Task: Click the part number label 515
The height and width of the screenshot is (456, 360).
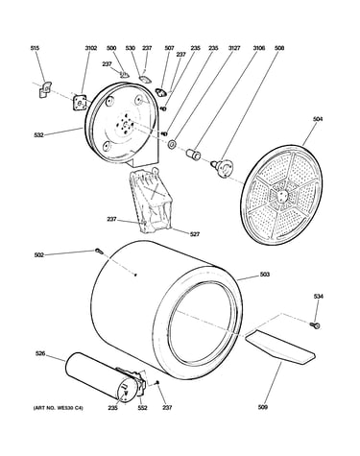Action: click(35, 48)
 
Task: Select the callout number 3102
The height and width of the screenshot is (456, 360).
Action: click(90, 48)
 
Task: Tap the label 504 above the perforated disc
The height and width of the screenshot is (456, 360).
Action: click(318, 119)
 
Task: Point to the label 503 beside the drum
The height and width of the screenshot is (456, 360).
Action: click(265, 275)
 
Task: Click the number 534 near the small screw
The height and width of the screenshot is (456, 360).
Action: click(319, 297)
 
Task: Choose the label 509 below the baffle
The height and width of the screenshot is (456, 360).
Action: click(263, 407)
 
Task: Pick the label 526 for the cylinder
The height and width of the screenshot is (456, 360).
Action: click(40, 353)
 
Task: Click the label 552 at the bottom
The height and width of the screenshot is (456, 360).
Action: click(142, 407)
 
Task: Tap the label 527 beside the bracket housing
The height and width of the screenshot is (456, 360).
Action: click(195, 234)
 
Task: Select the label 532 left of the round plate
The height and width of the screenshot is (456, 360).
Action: click(38, 135)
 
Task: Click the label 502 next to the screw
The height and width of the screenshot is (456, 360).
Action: click(39, 255)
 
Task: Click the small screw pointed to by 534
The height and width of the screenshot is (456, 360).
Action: click(315, 325)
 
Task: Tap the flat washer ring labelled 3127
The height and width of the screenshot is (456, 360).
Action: click(172, 144)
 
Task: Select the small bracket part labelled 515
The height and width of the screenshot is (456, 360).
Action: click(45, 89)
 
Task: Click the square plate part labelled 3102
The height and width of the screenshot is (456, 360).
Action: click(80, 103)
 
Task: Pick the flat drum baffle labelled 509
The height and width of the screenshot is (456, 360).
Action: click(280, 347)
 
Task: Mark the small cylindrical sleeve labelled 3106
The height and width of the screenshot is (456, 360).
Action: click(194, 154)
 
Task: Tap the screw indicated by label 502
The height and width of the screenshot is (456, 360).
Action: click(99, 252)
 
